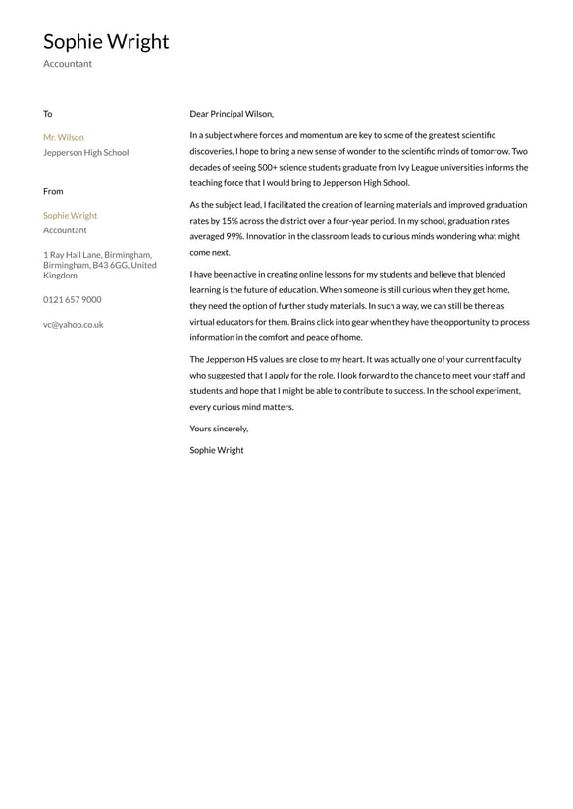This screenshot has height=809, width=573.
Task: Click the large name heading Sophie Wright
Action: tap(106, 41)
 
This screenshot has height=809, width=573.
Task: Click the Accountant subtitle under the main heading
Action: tap(68, 64)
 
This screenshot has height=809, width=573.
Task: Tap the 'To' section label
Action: tap(48, 114)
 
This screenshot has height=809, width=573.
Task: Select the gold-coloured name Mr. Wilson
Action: tap(64, 137)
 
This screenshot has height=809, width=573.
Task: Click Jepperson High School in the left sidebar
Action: tap(85, 153)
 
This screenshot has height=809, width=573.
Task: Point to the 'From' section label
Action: tap(53, 191)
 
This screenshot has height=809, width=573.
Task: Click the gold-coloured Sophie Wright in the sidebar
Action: tap(71, 216)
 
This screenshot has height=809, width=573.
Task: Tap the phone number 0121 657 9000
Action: tap(72, 300)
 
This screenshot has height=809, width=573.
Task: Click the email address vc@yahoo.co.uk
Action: tap(73, 325)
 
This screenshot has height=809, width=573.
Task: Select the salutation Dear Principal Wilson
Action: tap(232, 114)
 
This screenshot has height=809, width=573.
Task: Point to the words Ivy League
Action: tap(419, 168)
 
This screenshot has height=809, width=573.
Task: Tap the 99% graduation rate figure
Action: tap(233, 236)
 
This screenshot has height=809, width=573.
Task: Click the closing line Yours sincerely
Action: tap(219, 429)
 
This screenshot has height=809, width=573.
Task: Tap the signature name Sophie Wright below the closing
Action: tap(217, 451)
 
